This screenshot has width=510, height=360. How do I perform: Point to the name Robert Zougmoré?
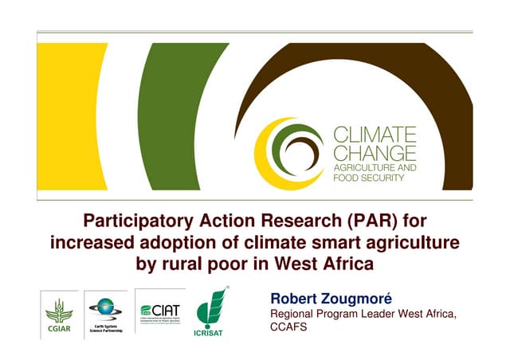point(319,299)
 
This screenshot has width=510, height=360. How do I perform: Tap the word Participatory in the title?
point(138,220)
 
